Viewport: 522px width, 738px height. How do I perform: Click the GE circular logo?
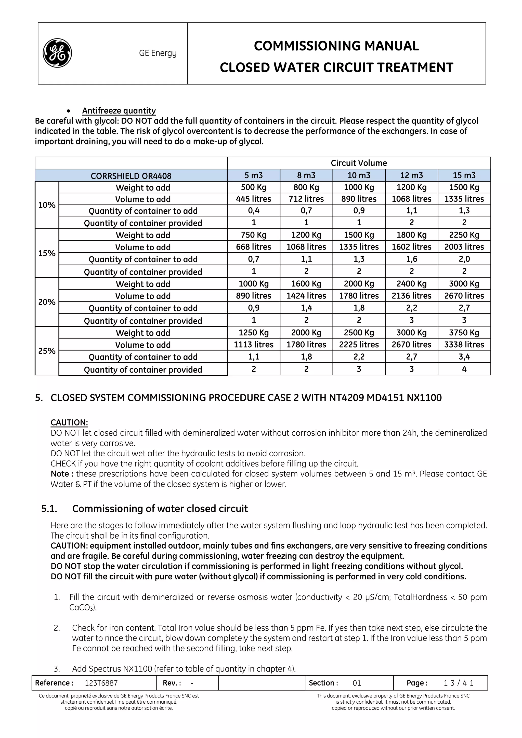pos(57,53)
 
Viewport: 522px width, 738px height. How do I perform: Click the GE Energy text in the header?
pos(158,53)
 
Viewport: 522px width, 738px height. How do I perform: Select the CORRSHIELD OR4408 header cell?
pos(131,176)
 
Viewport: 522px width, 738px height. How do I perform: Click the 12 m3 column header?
pos(411,175)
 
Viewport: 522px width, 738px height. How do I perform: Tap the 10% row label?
pos(47,205)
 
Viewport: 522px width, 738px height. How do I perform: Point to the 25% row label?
pos(47,351)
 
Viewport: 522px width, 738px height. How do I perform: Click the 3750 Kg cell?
pos(464,333)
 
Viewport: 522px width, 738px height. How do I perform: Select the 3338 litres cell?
pos(464,345)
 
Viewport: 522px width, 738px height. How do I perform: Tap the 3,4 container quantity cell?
pos(464,357)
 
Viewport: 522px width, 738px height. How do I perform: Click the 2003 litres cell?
pos(464,247)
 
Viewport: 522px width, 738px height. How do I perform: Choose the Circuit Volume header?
pos(359,163)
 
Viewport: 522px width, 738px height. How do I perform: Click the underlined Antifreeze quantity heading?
pos(119,111)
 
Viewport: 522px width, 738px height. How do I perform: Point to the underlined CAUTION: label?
pos(69,423)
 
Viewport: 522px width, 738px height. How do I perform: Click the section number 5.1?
pos(49,509)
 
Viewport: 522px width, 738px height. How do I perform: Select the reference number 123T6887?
pos(101,683)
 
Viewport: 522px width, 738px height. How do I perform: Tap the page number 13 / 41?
pos(458,683)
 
